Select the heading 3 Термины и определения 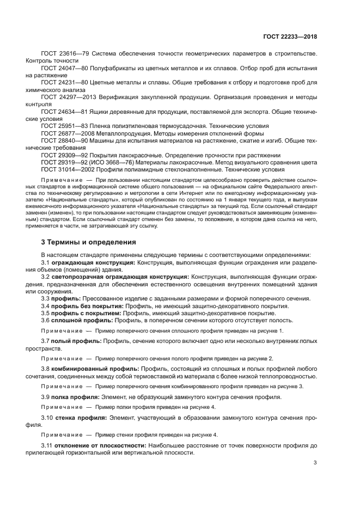coord(89,242)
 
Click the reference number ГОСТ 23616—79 coord(64,53)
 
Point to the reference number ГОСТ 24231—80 coord(64,82)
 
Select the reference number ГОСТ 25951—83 coord(64,125)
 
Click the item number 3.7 coord(46,340)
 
